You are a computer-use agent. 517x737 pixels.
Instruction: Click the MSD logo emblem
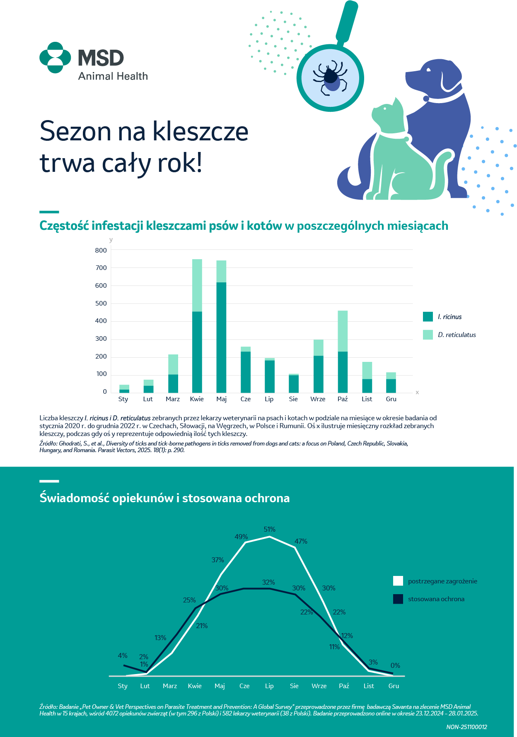click(x=55, y=58)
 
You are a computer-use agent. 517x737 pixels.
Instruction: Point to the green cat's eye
click(x=385, y=108)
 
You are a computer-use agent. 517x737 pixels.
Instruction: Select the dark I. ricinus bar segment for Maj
click(x=221, y=337)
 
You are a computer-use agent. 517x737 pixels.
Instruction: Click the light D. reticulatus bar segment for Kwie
click(x=197, y=285)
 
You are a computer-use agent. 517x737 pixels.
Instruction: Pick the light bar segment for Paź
click(x=343, y=331)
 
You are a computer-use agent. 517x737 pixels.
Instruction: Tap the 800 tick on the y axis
click(x=101, y=250)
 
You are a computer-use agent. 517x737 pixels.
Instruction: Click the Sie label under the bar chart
click(x=293, y=399)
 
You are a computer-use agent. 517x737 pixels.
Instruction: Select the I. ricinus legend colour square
click(x=428, y=317)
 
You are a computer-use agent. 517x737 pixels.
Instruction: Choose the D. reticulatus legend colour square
click(x=428, y=335)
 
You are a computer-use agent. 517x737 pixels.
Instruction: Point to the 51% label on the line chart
click(x=270, y=529)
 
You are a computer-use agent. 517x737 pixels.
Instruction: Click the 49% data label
click(x=241, y=537)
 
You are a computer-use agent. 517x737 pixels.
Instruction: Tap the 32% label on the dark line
click(x=268, y=582)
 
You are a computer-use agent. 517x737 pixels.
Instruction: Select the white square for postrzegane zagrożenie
click(x=398, y=581)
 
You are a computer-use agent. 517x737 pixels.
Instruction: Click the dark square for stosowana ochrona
click(x=398, y=599)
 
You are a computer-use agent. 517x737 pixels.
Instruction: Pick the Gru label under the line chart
click(x=394, y=686)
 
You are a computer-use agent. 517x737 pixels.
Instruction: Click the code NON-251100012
click(x=466, y=727)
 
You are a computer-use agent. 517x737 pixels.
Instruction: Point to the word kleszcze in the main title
click(x=201, y=131)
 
